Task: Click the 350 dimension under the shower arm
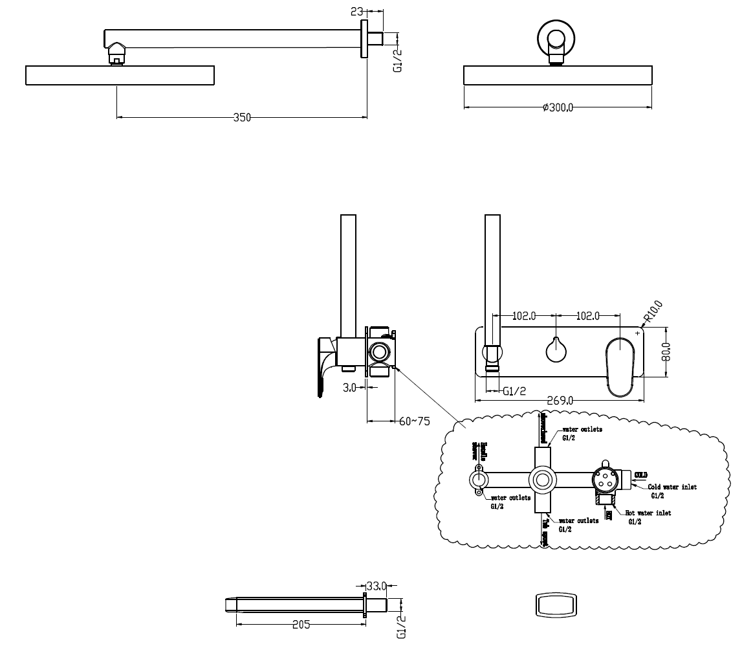pos(242,117)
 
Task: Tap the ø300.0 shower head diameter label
pos(558,107)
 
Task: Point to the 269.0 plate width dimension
pos(560,401)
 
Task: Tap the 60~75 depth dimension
pos(414,421)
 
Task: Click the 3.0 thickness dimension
pos(349,387)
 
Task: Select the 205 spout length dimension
pos(301,625)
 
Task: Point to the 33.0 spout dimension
pos(376,587)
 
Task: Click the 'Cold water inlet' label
pos(672,487)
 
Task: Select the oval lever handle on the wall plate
pos(622,365)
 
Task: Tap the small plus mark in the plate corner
pos(638,333)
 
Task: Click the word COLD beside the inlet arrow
pos(640,475)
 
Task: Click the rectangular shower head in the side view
pos(120,76)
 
